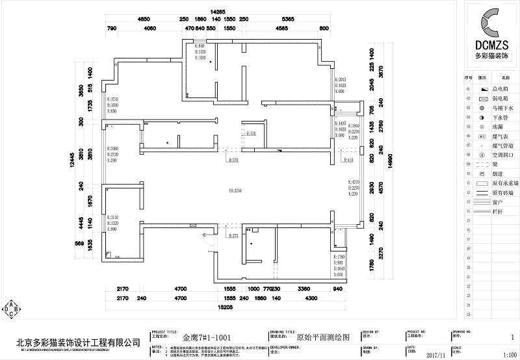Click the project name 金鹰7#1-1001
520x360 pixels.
[x=205, y=337]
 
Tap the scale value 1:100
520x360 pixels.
[x=510, y=354]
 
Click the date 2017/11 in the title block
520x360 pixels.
[x=437, y=354]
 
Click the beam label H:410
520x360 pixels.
[x=348, y=160]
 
